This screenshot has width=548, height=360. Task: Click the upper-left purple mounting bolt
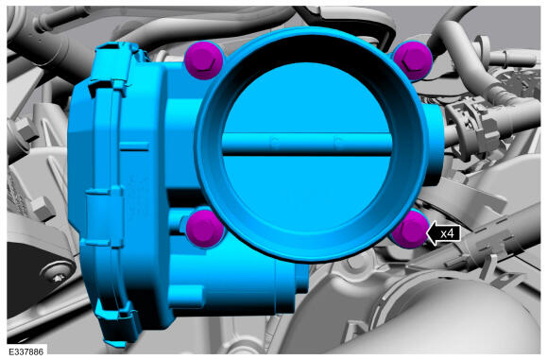[x=203, y=60]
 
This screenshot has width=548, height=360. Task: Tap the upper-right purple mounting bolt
[x=412, y=60]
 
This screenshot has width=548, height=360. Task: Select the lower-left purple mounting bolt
[x=204, y=229]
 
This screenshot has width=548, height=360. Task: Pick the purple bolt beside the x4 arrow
[x=410, y=230]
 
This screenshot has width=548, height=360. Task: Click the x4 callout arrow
[x=443, y=233]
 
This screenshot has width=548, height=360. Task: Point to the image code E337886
[x=26, y=351]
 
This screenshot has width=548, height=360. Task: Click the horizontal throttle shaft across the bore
[x=307, y=144]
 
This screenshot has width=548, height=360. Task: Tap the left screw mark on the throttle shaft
[x=275, y=142]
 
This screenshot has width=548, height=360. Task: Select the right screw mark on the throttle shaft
[x=338, y=142]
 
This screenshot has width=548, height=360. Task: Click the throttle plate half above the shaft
[x=307, y=101]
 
